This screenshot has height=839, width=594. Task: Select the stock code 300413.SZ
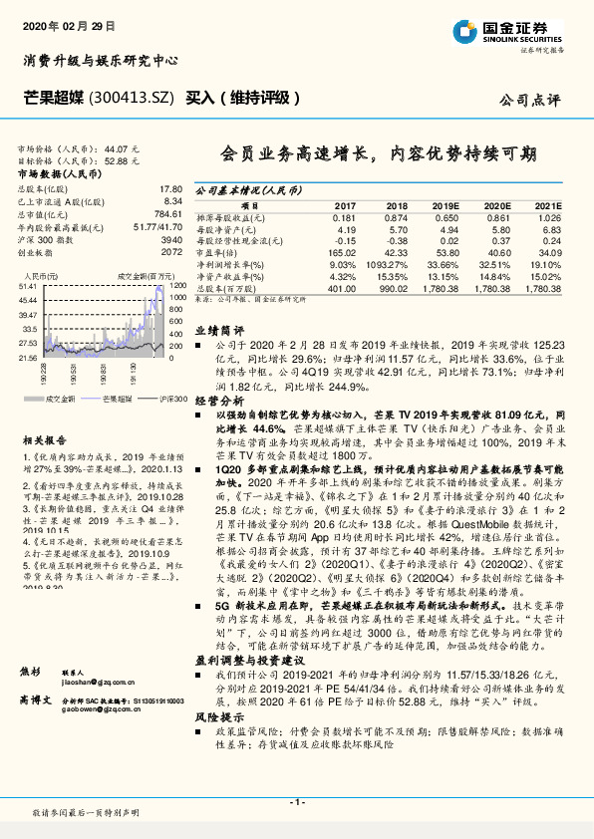click(x=132, y=98)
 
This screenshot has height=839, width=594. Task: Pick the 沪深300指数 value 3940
click(x=170, y=240)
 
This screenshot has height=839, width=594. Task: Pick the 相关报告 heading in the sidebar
click(x=45, y=439)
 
